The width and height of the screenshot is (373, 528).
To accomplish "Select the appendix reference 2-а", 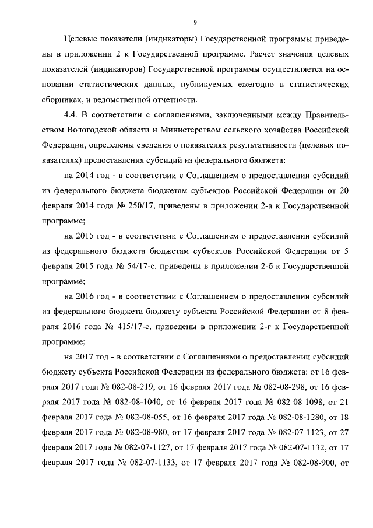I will (265, 206).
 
